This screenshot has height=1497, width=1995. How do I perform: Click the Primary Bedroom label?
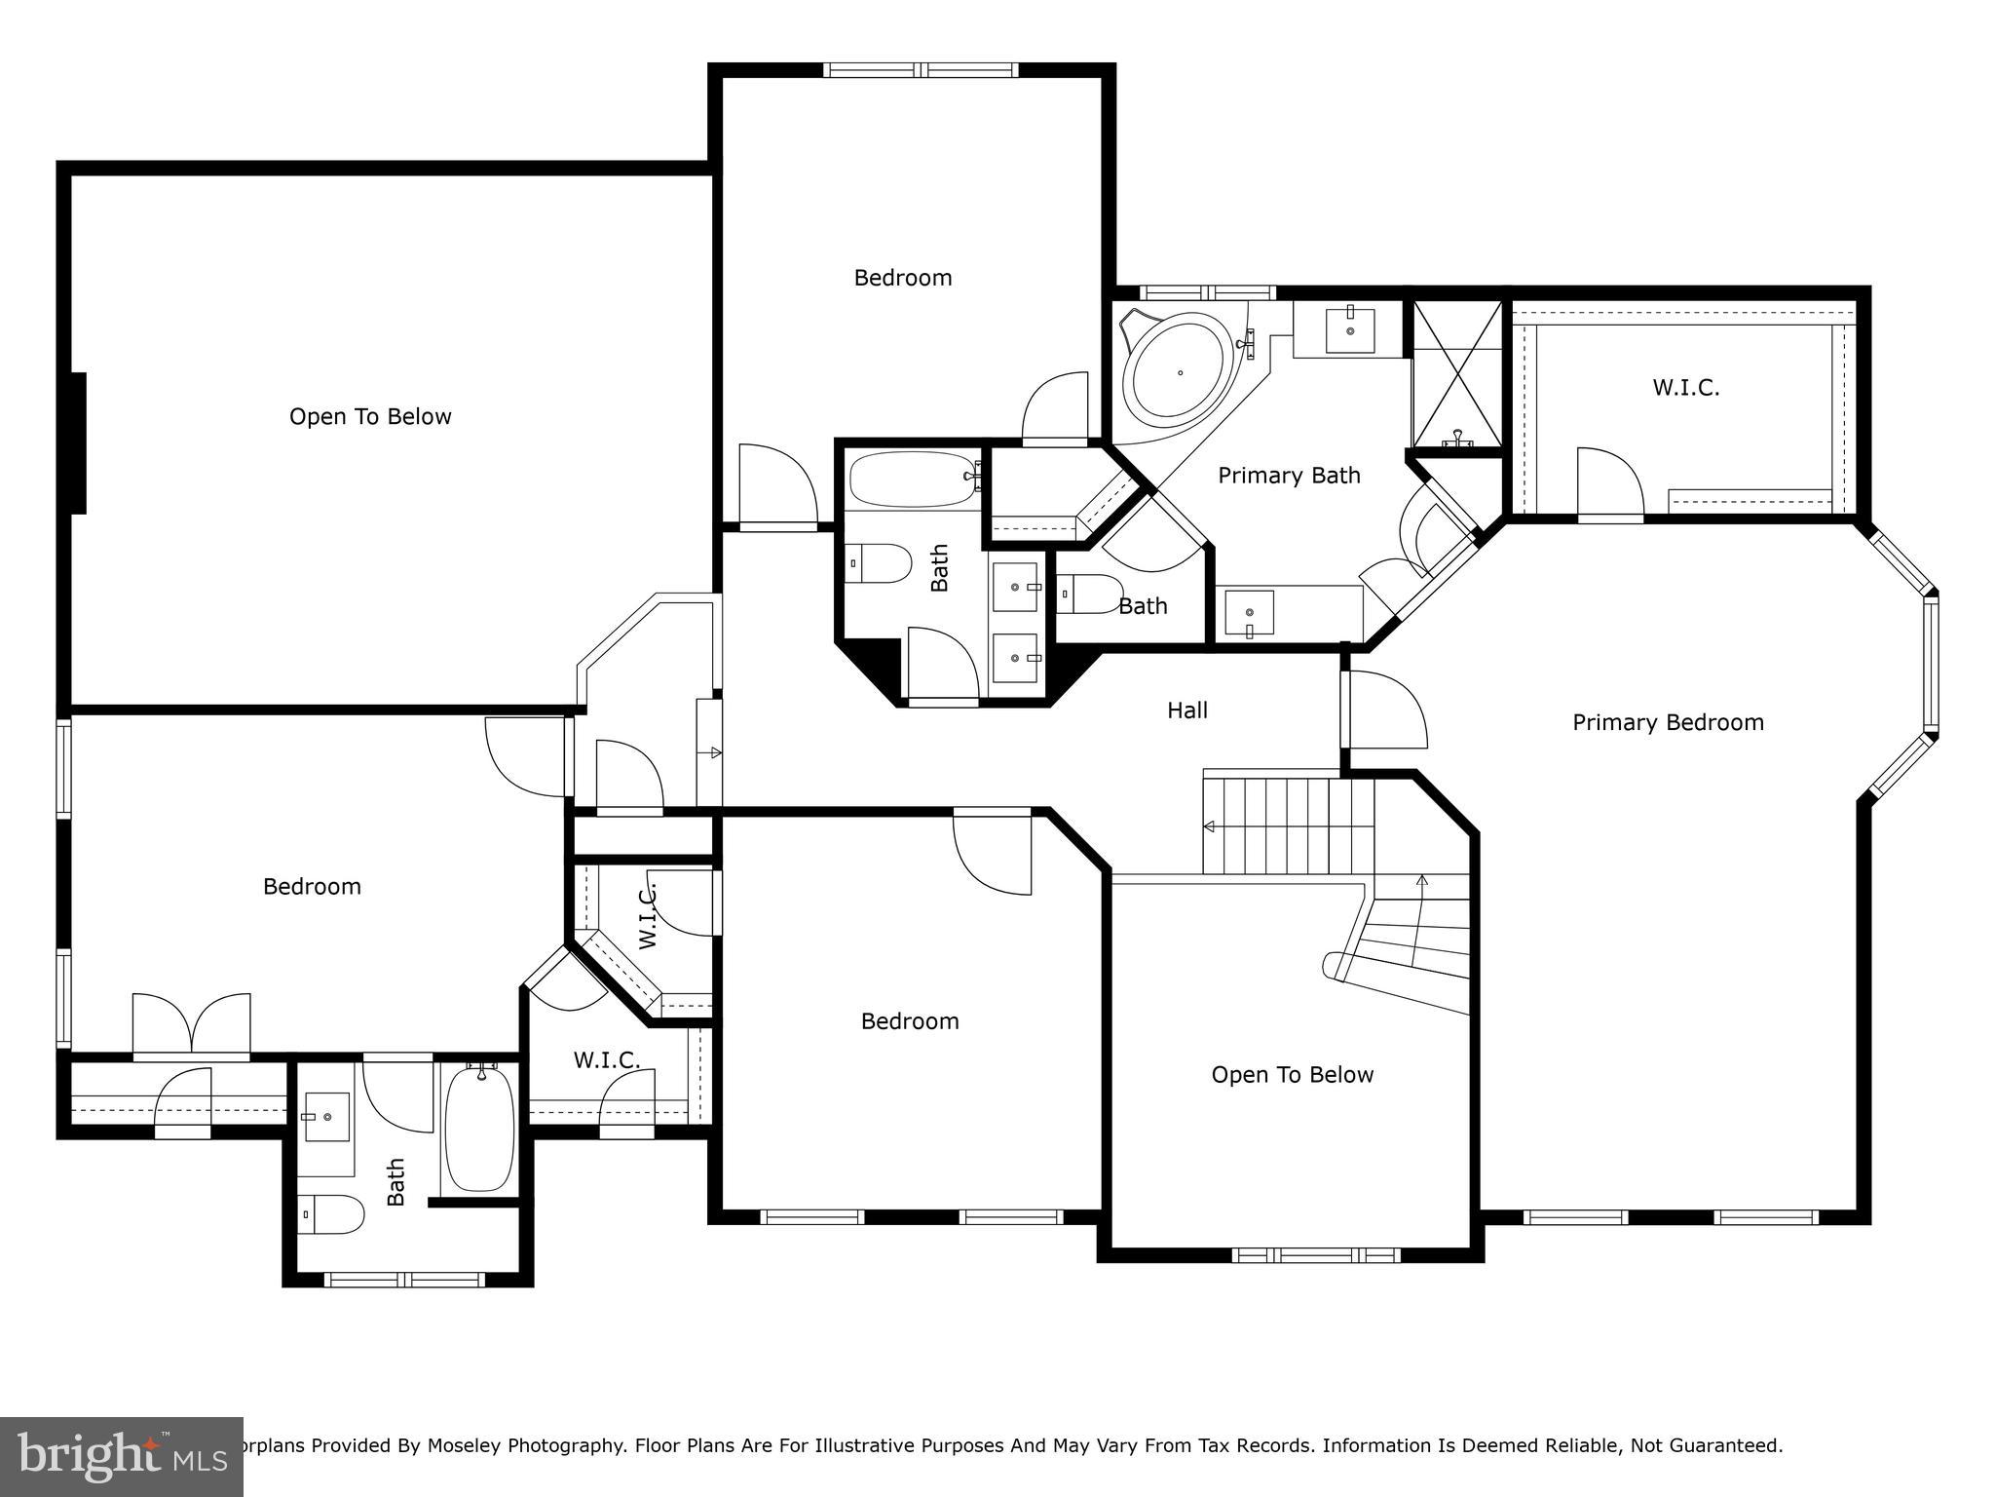point(1668,722)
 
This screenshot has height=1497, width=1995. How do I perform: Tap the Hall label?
point(1187,710)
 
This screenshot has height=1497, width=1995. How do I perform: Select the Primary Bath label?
point(1289,476)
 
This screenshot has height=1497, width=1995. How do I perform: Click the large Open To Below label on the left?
point(370,417)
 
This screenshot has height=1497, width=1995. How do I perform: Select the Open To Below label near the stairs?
point(1292,1075)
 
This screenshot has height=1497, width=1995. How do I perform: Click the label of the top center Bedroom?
point(903,278)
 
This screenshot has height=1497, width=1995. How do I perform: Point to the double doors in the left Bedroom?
point(192,1025)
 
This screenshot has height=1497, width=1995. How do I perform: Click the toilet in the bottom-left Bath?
point(331,1214)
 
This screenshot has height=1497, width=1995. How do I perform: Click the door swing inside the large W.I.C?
point(1609,482)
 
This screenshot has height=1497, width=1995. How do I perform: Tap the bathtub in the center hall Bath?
point(912,479)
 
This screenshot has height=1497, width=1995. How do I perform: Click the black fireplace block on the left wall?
point(78,443)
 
